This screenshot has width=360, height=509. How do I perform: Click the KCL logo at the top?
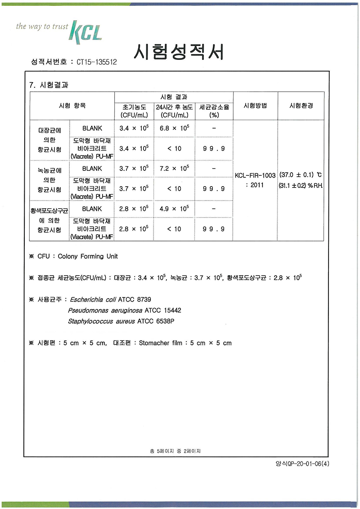[85, 31]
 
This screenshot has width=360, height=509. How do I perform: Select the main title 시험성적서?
[179, 53]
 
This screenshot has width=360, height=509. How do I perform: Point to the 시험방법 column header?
[255, 106]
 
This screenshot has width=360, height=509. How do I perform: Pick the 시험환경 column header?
[301, 106]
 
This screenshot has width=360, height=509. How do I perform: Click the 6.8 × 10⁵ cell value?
[174, 128]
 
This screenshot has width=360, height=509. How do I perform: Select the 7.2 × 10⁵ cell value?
[174, 169]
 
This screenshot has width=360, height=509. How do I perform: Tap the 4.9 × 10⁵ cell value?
[174, 209]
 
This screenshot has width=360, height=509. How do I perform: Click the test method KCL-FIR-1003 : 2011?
[255, 180]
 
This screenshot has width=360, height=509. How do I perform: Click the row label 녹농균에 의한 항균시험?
[49, 180]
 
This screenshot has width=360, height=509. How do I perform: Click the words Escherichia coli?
[97, 299]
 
